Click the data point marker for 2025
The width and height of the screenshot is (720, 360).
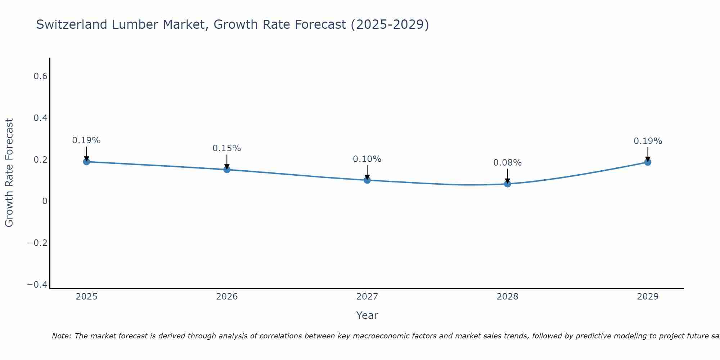(86, 162)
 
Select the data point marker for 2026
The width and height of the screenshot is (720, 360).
(227, 170)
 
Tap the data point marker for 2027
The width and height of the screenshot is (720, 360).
(367, 180)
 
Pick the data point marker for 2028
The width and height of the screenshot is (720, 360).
(508, 184)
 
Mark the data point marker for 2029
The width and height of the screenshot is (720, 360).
(648, 162)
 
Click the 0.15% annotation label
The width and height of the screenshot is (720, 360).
(226, 148)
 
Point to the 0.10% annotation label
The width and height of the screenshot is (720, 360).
(367, 159)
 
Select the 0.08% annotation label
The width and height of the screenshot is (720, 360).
(507, 163)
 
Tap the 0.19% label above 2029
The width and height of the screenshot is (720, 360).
(648, 141)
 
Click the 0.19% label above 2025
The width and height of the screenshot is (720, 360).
(86, 140)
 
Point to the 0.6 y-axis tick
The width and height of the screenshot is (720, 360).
(40, 76)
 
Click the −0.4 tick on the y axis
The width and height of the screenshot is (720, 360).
(37, 285)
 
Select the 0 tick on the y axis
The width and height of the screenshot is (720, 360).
(45, 201)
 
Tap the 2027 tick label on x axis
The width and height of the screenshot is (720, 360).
(367, 297)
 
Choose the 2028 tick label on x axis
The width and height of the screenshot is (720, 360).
(508, 297)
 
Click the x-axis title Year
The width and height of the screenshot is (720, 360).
(367, 316)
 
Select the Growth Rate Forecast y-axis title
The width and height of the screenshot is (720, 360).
(9, 173)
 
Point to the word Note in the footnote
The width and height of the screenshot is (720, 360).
(61, 336)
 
